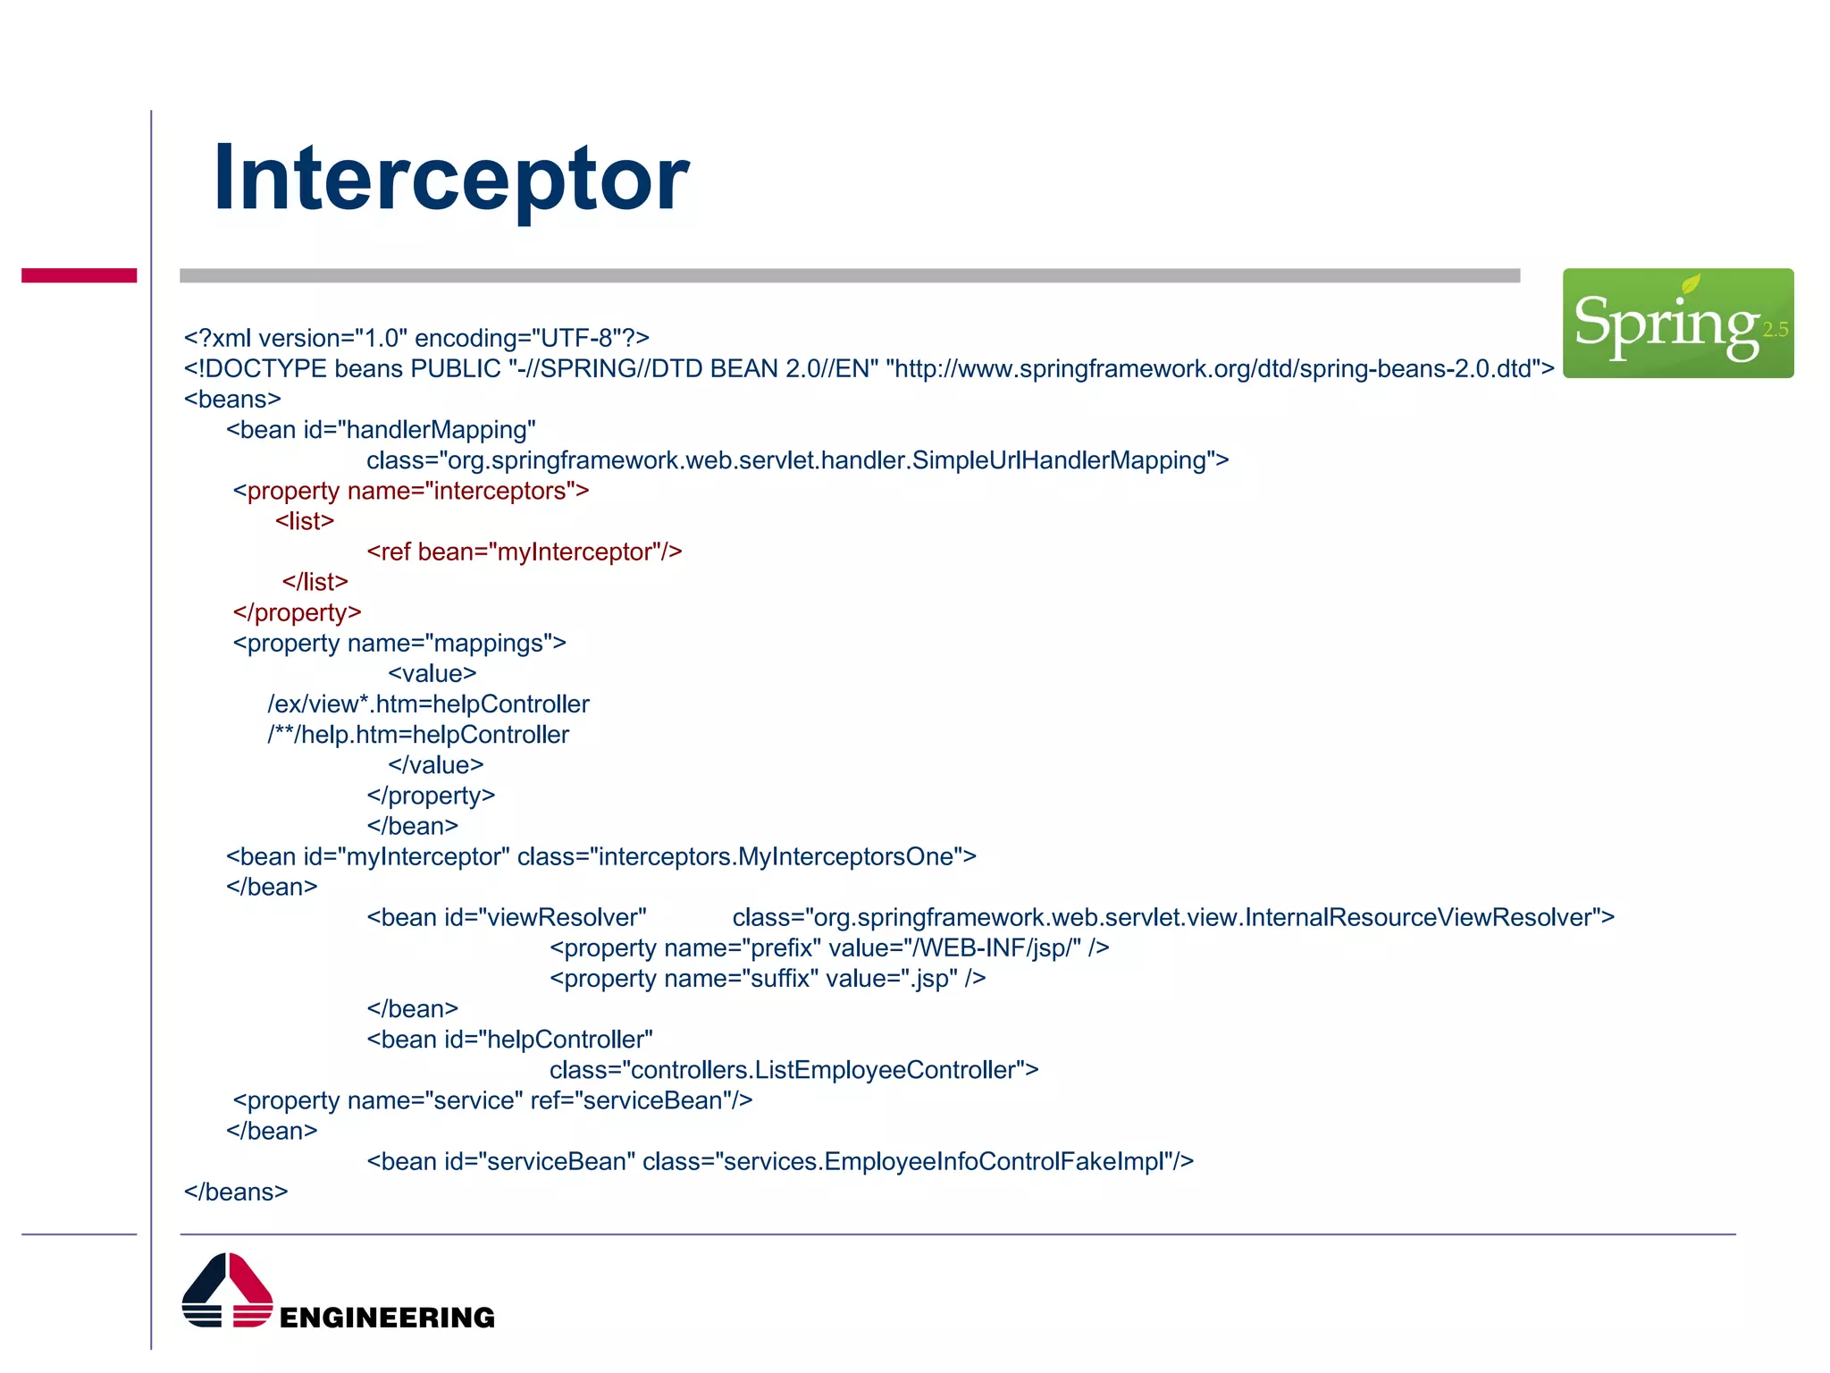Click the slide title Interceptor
pos(450,179)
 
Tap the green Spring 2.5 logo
pos(1677,323)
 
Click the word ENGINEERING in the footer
pos(387,1318)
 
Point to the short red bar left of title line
pos(79,275)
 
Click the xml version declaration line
pos(416,338)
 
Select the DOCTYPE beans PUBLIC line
pos(869,368)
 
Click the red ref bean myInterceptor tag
pos(524,552)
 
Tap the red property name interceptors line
pos(411,491)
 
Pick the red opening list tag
pos(305,521)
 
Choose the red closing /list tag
pos(315,582)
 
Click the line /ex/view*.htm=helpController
pos(428,704)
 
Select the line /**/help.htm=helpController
pos(418,735)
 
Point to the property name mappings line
pos(399,644)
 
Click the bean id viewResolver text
pos(506,918)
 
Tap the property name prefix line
pos(829,948)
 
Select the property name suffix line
pos(768,979)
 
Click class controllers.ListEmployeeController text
pos(793,1070)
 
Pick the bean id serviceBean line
pos(779,1162)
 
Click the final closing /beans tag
pos(236,1192)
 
